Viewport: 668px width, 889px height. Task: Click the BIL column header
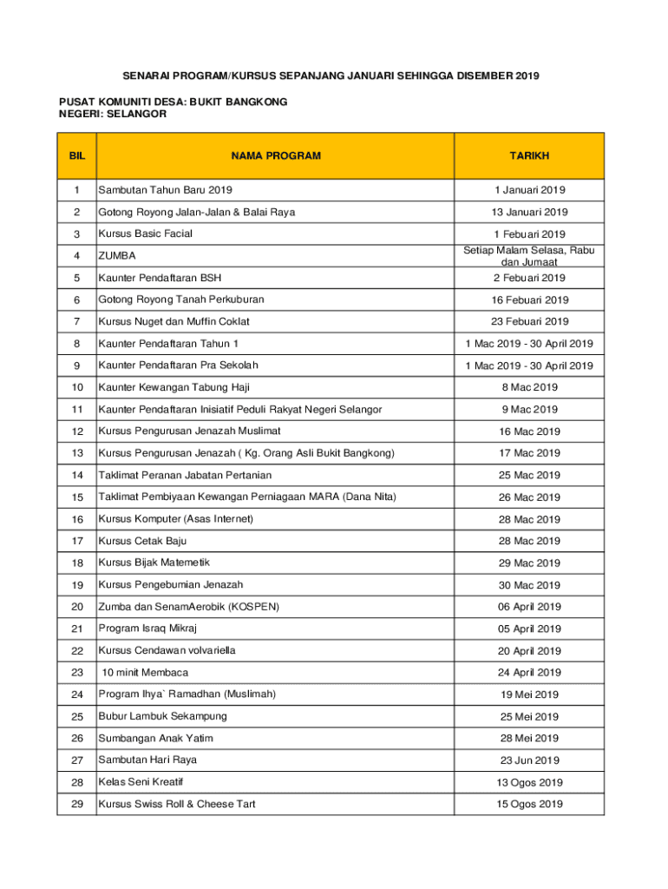click(x=76, y=156)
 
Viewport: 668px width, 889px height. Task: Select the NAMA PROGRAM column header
click(x=276, y=156)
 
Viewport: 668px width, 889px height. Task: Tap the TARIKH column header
click(x=528, y=156)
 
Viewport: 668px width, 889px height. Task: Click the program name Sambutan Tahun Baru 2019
click(x=165, y=190)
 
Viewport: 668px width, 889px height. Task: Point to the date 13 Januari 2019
click(x=529, y=212)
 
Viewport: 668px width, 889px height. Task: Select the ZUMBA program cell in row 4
click(x=117, y=256)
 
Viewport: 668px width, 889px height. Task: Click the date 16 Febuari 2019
click(x=529, y=300)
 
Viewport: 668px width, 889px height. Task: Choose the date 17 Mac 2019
click(x=529, y=453)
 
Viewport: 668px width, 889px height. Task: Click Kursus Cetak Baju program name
click(x=142, y=541)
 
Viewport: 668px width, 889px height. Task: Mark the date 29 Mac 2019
click(x=529, y=563)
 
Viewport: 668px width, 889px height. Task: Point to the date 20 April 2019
click(x=529, y=651)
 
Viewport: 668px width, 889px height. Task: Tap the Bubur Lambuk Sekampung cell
click(x=162, y=716)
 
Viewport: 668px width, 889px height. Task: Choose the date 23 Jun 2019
click(x=529, y=761)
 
